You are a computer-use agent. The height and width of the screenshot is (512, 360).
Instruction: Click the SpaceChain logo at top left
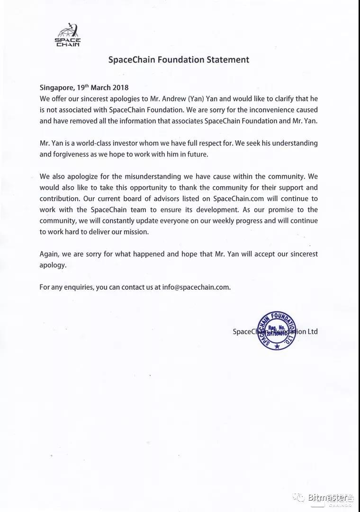(68, 35)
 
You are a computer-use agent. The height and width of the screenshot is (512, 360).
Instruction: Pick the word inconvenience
(261, 110)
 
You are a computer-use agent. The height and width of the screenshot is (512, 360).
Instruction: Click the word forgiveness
(73, 154)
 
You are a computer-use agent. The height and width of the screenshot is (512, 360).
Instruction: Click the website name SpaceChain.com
(236, 198)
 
